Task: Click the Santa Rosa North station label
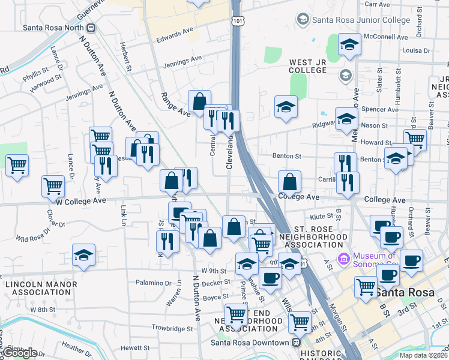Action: (53, 28)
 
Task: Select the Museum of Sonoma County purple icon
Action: (344, 259)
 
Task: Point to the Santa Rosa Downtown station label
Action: (249, 343)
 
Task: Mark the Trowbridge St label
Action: (172, 328)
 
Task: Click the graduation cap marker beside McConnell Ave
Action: (349, 44)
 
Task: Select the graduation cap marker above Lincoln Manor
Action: (83, 255)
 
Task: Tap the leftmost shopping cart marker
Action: (17, 164)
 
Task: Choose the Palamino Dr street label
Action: (153, 283)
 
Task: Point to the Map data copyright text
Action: (423, 355)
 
